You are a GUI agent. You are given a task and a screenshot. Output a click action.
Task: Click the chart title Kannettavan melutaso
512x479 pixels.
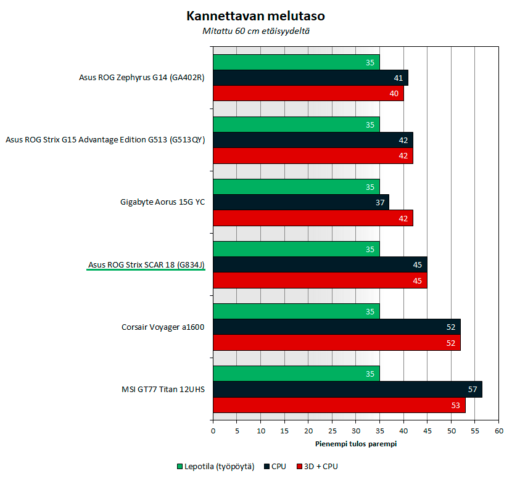pyautogui.click(x=255, y=15)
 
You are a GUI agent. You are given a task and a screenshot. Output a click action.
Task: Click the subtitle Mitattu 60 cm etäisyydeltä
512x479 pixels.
pyautogui.click(x=255, y=31)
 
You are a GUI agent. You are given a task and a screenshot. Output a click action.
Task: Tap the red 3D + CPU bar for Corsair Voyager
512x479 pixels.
pyautogui.click(x=336, y=343)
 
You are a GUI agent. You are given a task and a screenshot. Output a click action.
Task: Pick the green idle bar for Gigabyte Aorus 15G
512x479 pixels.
pyautogui.click(x=296, y=187)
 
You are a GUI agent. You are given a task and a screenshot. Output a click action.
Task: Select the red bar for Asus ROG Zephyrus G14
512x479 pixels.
pyautogui.click(x=308, y=94)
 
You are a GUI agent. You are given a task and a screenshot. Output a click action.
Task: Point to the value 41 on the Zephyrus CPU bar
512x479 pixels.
pyautogui.click(x=398, y=78)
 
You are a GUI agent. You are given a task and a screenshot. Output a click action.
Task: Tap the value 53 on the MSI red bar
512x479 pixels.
pyautogui.click(x=456, y=405)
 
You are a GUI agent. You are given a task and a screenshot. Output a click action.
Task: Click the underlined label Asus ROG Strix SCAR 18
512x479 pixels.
pyautogui.click(x=146, y=265)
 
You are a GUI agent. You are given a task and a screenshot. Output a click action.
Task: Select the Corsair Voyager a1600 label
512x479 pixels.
pyautogui.click(x=163, y=327)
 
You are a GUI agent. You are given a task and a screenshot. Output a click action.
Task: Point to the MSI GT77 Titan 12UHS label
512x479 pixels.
pyautogui.click(x=163, y=390)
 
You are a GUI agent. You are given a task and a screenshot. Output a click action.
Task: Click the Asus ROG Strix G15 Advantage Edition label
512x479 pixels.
pyautogui.click(x=105, y=140)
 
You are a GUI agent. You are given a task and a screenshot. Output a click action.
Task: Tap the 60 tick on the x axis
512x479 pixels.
pyautogui.click(x=498, y=432)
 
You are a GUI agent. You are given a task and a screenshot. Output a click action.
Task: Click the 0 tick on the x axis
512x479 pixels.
pyautogui.click(x=213, y=432)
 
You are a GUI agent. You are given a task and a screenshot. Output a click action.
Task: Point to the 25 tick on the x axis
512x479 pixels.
pyautogui.click(x=332, y=432)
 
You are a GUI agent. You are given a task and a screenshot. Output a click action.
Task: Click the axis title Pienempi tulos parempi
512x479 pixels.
pyautogui.click(x=356, y=444)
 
